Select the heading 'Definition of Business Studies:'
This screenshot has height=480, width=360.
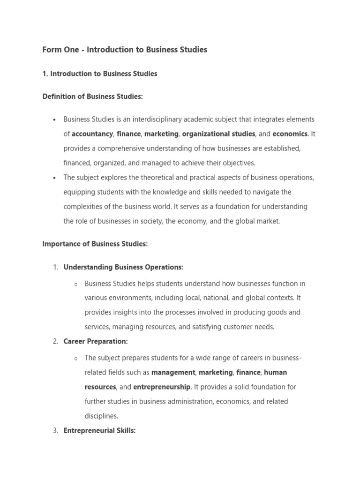point(92,97)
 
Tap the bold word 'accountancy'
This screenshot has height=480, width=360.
point(92,134)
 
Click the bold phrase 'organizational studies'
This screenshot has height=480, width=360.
point(218,134)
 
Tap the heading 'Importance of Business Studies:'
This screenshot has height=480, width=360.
point(95,244)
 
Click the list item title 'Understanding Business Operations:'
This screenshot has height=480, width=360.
point(123,267)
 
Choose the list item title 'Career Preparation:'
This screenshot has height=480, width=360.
point(96,342)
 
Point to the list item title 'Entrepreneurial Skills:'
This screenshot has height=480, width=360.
point(99,431)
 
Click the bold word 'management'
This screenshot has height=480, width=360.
point(173,372)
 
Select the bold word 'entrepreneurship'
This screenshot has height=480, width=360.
point(162,387)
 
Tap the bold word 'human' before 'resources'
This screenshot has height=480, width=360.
point(276,372)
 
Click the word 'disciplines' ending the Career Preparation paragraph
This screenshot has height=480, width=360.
point(100,416)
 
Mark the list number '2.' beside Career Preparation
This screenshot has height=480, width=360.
point(55,342)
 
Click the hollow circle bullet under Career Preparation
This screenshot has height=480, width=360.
point(75,359)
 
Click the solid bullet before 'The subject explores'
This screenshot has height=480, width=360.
point(55,178)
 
